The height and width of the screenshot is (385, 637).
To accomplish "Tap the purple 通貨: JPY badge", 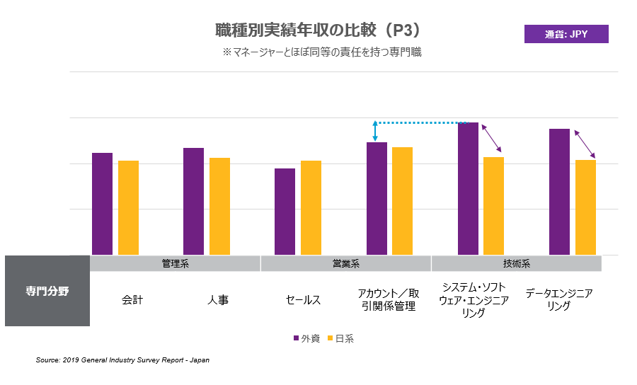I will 566,34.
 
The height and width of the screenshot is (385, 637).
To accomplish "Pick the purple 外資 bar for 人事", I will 193,201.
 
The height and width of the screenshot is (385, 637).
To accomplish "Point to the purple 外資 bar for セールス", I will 285,212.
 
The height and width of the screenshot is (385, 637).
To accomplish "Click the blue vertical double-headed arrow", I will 375,132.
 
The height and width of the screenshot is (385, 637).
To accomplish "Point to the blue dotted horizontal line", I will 418,122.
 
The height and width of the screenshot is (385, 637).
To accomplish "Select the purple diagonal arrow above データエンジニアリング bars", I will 584,144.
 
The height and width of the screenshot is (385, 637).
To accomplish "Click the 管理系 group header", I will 175,263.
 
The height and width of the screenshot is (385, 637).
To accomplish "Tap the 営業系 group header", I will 346,263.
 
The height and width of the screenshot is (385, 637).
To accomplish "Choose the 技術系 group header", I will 517,263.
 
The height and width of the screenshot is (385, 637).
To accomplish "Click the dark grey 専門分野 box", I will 47,291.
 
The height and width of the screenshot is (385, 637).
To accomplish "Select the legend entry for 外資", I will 306,338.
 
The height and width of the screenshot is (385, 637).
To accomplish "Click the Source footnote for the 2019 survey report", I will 122,360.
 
